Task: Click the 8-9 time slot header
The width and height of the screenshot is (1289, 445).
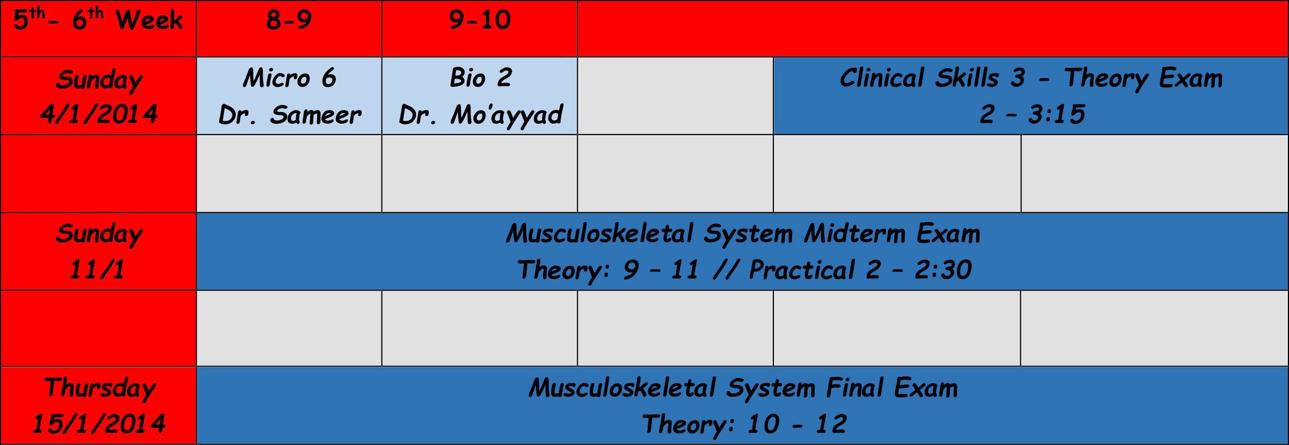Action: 289,20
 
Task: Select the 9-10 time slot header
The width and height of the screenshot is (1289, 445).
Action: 480,20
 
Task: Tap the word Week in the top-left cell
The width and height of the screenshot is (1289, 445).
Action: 150,20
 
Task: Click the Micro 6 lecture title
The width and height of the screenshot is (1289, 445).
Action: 290,78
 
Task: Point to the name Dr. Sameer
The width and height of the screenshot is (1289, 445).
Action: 290,115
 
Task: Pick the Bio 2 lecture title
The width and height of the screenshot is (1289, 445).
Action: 481,78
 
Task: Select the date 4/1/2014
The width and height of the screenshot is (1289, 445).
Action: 99,114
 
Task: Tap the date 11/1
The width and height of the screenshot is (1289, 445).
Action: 97,269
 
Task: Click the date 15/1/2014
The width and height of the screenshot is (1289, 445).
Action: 99,424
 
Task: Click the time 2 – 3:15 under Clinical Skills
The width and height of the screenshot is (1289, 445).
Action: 1032,114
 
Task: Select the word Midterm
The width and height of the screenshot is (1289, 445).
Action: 855,233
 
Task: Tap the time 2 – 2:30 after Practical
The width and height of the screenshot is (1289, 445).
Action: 919,270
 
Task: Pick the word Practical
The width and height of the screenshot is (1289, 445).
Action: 802,270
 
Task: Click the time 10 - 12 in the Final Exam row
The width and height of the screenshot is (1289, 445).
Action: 797,424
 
